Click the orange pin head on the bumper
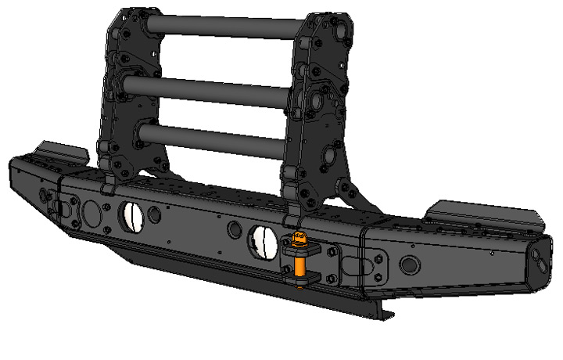297,237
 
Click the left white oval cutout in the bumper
131,214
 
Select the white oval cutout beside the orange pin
261,239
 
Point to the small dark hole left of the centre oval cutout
233,230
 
